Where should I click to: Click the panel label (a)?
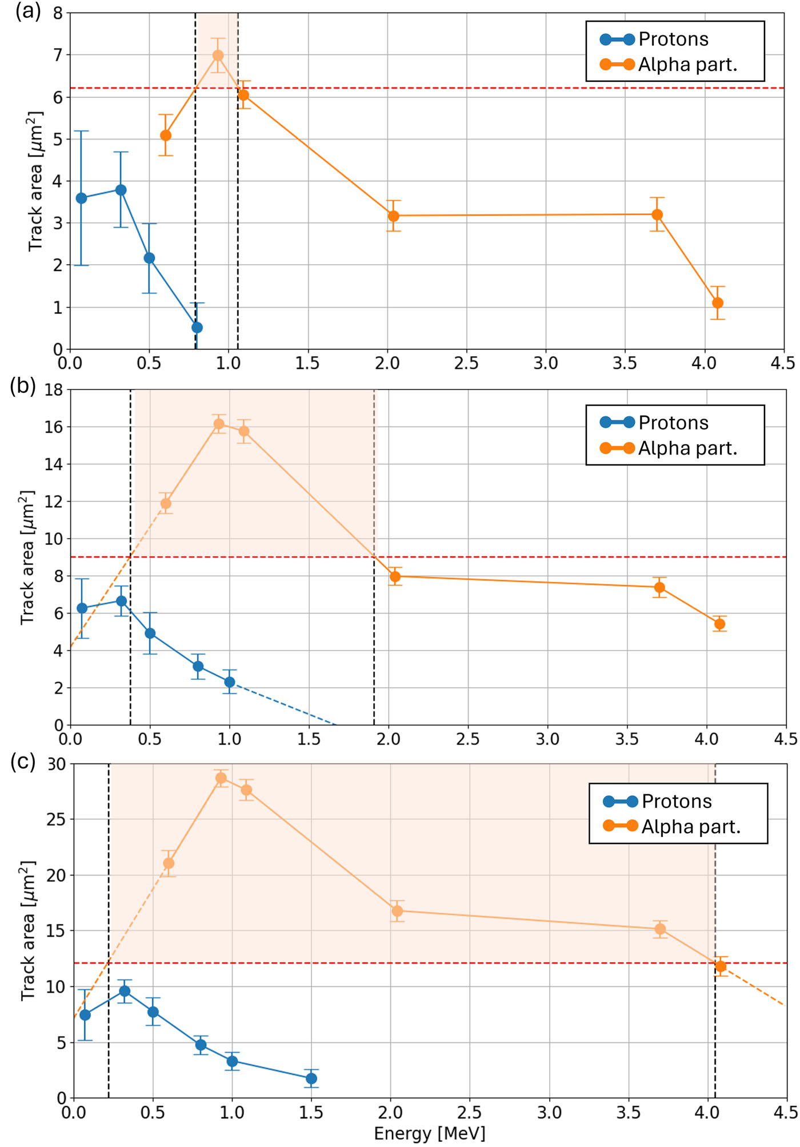coord(28,12)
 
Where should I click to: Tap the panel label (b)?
coord(23,387)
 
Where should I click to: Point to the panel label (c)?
coord(23,762)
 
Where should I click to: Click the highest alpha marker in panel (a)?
coord(218,55)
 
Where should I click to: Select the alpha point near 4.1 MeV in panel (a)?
coord(718,303)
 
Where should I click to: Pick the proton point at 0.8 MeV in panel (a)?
coord(197,328)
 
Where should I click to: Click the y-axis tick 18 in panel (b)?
coord(54,391)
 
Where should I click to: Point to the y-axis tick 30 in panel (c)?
coord(57,764)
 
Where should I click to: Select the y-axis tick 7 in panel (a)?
coord(58,55)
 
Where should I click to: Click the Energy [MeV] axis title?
coord(429,1134)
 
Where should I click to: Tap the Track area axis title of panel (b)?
coord(27,557)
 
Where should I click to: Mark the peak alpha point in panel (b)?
coord(219,424)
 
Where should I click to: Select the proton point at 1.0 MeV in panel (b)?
coord(229,682)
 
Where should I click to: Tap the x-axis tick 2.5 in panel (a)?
coord(466,364)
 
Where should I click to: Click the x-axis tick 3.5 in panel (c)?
coord(629,1113)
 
